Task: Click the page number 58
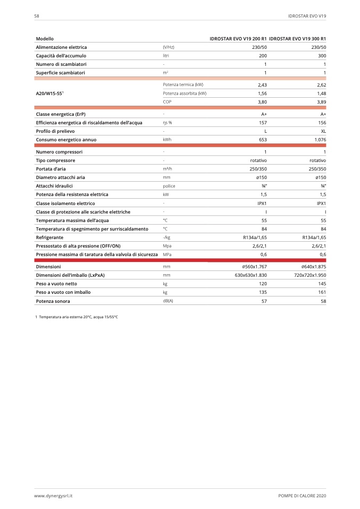pos(37,16)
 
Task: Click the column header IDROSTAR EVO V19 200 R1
pos(238,39)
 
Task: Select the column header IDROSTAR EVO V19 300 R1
pos(297,39)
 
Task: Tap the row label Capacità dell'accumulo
pos(61,55)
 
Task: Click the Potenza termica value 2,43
pos(262,84)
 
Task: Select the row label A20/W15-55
pos(50,93)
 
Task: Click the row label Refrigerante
pos(50,237)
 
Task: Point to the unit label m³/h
pos(167,169)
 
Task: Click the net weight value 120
pos(263,284)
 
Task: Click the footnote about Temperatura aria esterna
pos(76,317)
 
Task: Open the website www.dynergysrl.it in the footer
pos(53,495)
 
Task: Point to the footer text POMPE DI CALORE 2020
pos(302,495)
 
